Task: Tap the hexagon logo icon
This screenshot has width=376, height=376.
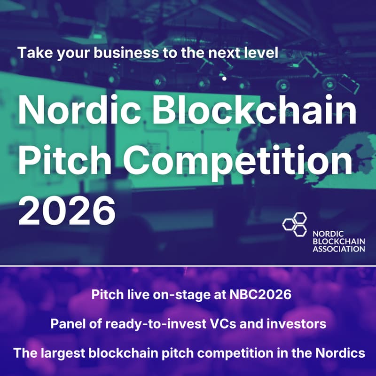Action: pyautogui.click(x=294, y=224)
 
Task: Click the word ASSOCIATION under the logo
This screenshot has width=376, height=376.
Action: pyautogui.click(x=338, y=249)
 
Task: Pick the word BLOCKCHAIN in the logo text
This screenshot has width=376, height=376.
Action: pyautogui.click(x=337, y=241)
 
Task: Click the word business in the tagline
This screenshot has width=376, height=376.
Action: pyautogui.click(x=119, y=52)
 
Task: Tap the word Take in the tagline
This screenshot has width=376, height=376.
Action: pyautogui.click(x=33, y=52)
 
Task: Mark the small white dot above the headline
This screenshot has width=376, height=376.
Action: pyautogui.click(x=225, y=78)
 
